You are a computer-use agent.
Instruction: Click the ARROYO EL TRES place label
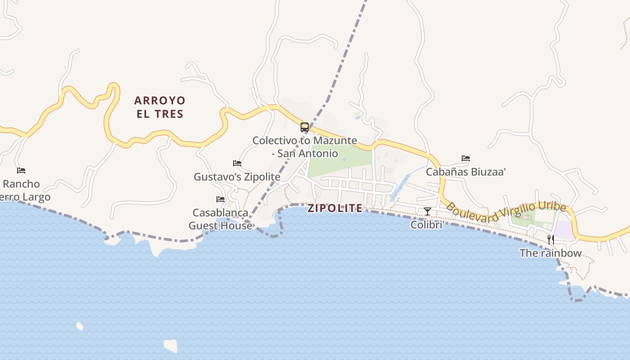[x=160, y=107]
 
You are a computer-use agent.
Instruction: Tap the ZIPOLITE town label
[x=335, y=208]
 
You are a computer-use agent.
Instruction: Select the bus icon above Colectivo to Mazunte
[x=305, y=127]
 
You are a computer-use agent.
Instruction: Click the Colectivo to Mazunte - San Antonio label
[x=305, y=147]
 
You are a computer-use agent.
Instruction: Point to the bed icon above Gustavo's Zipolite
[x=237, y=163]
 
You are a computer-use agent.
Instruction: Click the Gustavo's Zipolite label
[x=237, y=177]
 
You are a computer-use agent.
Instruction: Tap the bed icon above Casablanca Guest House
[x=220, y=199]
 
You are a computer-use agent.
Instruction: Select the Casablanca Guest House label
[x=220, y=219]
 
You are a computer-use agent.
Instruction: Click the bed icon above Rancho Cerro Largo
[x=21, y=171]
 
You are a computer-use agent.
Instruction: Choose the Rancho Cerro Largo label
[x=25, y=190]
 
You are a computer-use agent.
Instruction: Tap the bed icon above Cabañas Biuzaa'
[x=466, y=158]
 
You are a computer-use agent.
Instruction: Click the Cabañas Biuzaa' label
[x=466, y=171]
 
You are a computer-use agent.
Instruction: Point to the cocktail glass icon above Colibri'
[x=427, y=211]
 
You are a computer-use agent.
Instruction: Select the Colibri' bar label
[x=427, y=224]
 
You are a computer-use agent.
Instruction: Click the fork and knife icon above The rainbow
[x=550, y=239]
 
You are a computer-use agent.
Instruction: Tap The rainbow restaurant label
[x=550, y=253]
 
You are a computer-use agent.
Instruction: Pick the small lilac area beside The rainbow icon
[x=564, y=230]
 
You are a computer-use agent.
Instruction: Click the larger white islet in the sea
[x=171, y=346]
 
